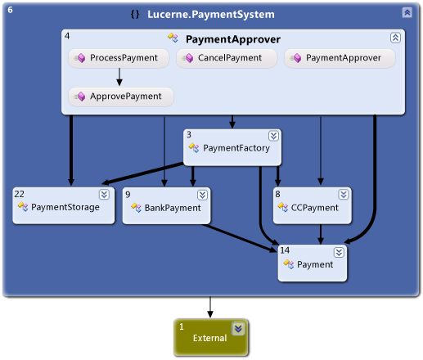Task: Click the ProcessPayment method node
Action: (x=119, y=58)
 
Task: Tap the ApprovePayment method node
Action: (x=120, y=97)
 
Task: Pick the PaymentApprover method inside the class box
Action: (x=340, y=58)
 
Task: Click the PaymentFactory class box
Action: (x=232, y=147)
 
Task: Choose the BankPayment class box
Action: (x=166, y=207)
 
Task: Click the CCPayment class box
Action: (x=313, y=207)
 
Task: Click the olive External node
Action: (x=209, y=337)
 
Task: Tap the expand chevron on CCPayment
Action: (x=344, y=195)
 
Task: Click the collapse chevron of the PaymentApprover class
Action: (x=395, y=38)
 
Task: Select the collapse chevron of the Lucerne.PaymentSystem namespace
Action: (x=407, y=13)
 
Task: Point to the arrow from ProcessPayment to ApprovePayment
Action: (x=119, y=77)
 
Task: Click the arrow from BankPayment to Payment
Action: (x=241, y=238)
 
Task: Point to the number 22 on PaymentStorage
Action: (x=19, y=194)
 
